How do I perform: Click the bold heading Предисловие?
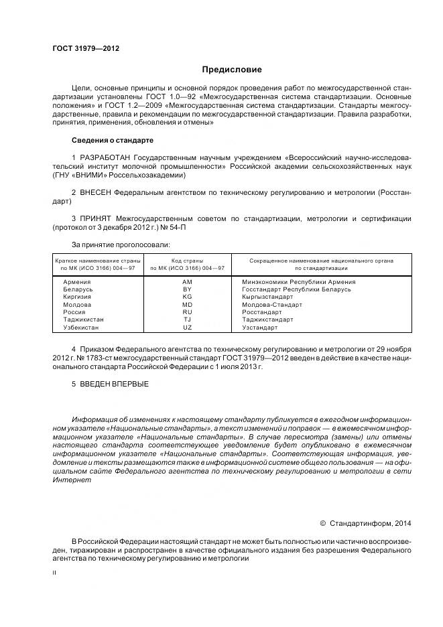[x=233, y=69]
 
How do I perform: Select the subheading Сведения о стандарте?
[x=112, y=141]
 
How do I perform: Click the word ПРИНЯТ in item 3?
[x=97, y=218]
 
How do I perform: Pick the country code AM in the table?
[x=187, y=282]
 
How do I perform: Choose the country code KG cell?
[x=187, y=297]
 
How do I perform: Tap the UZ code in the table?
[x=187, y=328]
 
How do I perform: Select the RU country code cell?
[x=187, y=312]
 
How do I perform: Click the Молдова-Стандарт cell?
[x=271, y=305]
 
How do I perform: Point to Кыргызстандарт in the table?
[x=267, y=297]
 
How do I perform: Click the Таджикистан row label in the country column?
[x=83, y=320]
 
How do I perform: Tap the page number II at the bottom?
[x=54, y=573]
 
